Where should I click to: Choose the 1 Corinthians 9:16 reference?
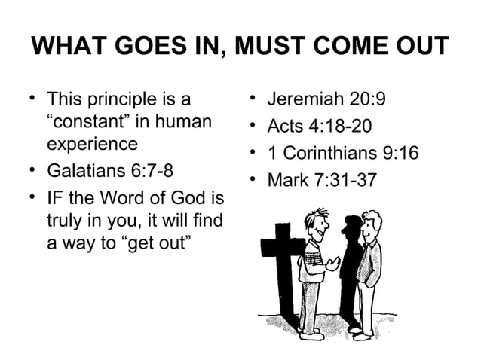pos(343,153)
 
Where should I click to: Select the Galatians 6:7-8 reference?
pos(110,170)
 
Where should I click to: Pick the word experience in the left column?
pos(92,143)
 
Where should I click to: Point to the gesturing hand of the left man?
pos(332,264)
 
